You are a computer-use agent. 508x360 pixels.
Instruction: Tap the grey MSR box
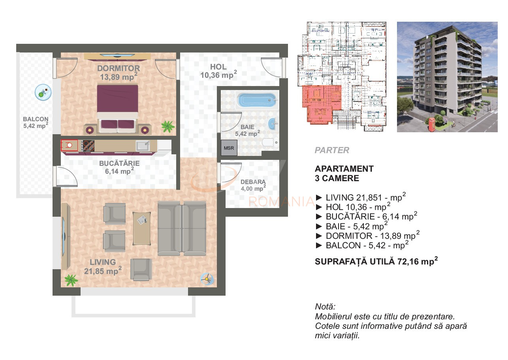pyautogui.click(x=229, y=148)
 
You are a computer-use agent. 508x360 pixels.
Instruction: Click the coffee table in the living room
pyautogui.click(x=142, y=228)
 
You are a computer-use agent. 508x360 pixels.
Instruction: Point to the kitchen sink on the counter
pyautogui.click(x=143, y=145)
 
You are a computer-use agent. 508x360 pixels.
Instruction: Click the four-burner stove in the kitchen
pyautogui.click(x=88, y=146)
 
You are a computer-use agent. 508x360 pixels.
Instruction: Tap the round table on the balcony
pyautogui.click(x=43, y=92)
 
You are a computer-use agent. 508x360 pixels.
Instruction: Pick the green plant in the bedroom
pyautogui.click(x=168, y=127)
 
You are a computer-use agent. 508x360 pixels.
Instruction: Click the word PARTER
pyautogui.click(x=332, y=150)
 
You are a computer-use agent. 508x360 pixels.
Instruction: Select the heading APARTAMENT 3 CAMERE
pyautogui.click(x=344, y=174)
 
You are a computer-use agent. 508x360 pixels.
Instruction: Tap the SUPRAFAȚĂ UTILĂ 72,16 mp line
pyautogui.click(x=376, y=261)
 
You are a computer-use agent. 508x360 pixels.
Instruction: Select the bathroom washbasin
pyautogui.click(x=273, y=124)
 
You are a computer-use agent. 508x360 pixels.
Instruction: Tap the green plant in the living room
pyautogui.click(x=71, y=280)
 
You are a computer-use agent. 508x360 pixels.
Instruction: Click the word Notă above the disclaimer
pyautogui.click(x=325, y=307)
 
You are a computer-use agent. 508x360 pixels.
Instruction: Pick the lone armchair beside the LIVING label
pyautogui.click(x=141, y=270)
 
